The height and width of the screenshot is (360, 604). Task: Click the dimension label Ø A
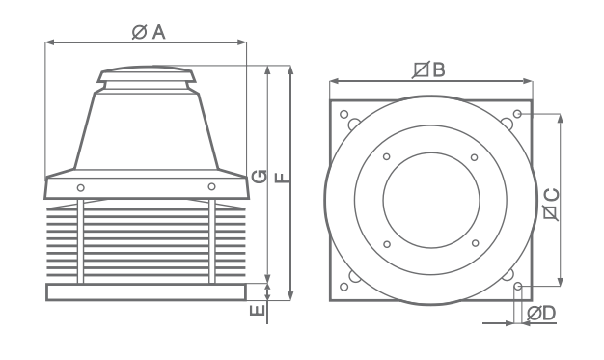(149, 32)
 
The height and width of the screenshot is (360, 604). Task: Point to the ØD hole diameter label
(541, 314)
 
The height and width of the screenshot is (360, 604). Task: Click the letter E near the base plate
(257, 310)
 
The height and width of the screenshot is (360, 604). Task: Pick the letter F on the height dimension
(283, 178)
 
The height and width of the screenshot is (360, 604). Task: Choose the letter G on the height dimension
(259, 177)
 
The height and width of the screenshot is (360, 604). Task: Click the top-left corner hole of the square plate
(344, 114)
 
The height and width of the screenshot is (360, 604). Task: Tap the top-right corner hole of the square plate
(518, 114)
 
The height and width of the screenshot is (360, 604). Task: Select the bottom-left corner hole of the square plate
(344, 287)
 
